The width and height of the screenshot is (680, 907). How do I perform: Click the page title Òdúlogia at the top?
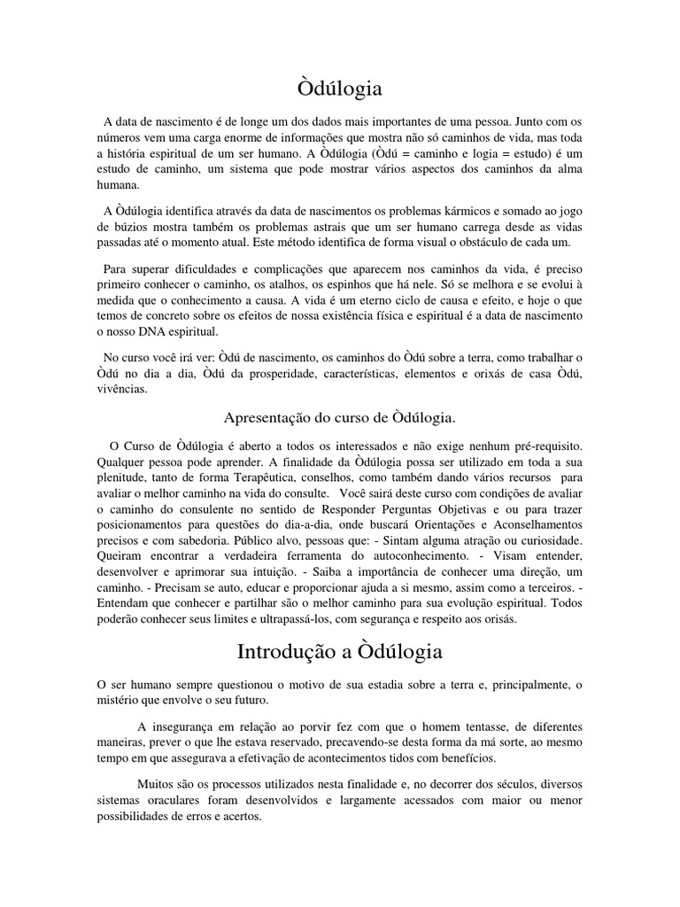(339, 89)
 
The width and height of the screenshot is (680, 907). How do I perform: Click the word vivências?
(124, 388)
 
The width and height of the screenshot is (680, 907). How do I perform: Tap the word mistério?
(120, 701)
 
